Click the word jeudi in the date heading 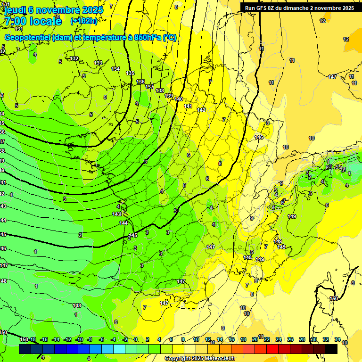(x=14, y=10)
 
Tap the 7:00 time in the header (x=15, y=21)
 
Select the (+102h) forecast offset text (x=83, y=21)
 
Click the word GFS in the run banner (x=263, y=8)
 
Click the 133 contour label (x=98, y=63)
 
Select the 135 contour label (x=130, y=73)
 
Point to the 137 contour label (x=149, y=87)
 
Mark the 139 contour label (x=169, y=96)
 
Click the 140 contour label (x=179, y=99)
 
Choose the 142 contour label (x=201, y=110)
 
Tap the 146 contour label (x=259, y=137)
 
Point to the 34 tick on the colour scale (x=337, y=339)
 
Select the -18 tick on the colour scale (x=33, y=339)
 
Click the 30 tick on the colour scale (x=313, y=339)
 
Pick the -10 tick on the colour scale (x=79, y=339)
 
